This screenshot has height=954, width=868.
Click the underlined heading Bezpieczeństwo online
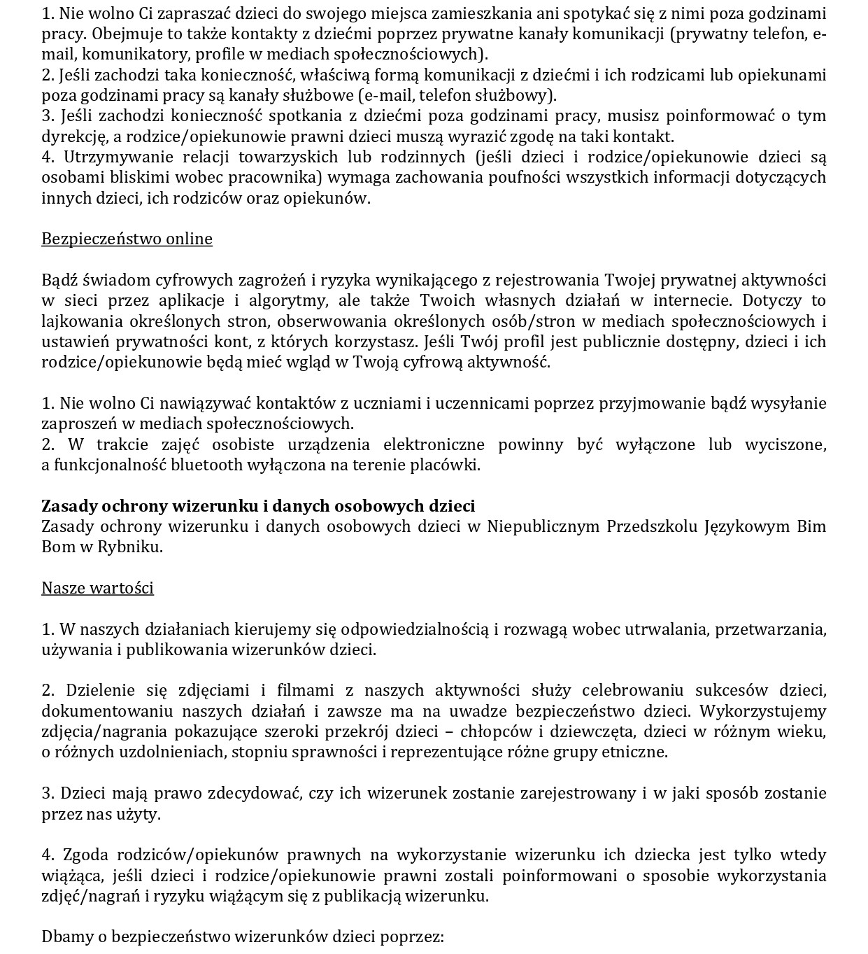127,239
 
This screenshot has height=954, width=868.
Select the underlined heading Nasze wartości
97,588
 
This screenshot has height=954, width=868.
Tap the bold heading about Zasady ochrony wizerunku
258,506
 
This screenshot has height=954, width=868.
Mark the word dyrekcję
73,137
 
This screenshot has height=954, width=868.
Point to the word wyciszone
786,445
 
